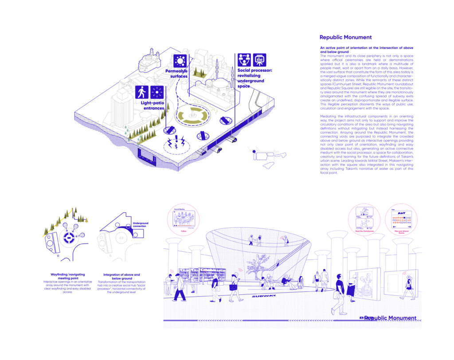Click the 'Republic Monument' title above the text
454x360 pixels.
point(345,38)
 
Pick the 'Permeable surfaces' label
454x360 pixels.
point(176,74)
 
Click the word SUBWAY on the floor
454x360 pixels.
point(263,296)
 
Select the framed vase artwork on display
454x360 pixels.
point(364,284)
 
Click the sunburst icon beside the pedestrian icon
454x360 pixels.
point(157,92)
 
